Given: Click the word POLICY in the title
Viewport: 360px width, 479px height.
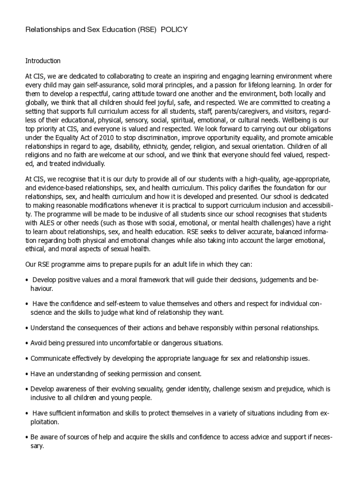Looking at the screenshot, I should (174, 29).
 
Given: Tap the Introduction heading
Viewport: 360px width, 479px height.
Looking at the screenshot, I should (43, 61).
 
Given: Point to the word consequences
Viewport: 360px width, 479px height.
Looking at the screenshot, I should (92, 327).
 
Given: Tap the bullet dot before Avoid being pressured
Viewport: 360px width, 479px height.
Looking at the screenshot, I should (27, 343).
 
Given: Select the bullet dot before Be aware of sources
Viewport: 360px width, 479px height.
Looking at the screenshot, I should (27, 437).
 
